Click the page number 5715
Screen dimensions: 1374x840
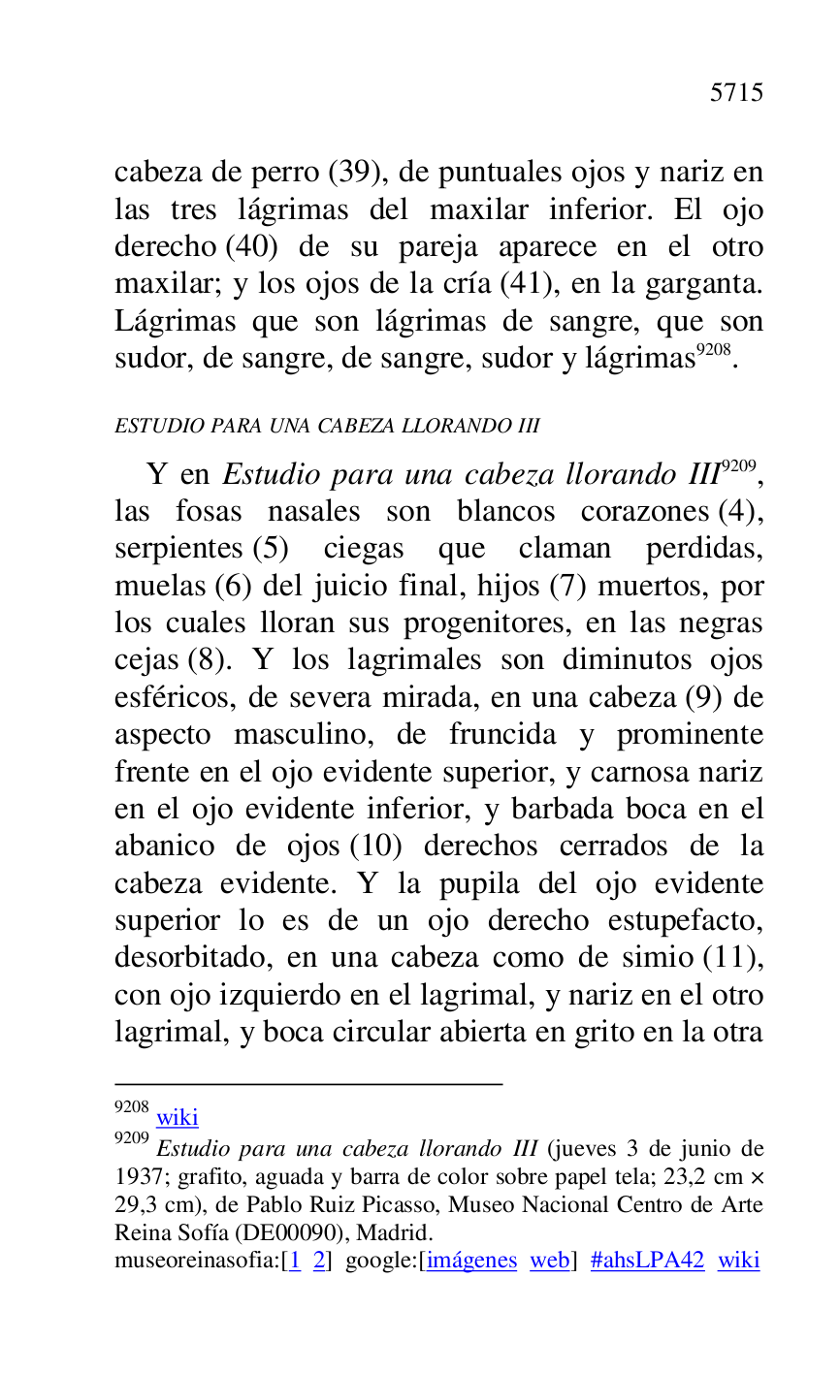click(x=736, y=93)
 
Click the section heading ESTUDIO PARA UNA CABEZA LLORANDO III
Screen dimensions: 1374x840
click(x=327, y=426)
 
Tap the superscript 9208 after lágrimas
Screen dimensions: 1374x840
click(x=714, y=350)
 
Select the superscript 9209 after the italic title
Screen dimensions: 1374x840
click(x=738, y=466)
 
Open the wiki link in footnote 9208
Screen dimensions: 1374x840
click(x=178, y=1117)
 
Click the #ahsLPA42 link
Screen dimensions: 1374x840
click(x=647, y=1261)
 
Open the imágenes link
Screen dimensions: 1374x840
click(x=472, y=1261)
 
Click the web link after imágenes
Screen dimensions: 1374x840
click(x=549, y=1261)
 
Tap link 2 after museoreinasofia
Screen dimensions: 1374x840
click(x=318, y=1261)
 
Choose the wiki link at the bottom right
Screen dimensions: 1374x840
click(x=738, y=1261)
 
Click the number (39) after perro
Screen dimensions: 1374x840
click(x=359, y=173)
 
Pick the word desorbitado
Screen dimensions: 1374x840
click(x=192, y=958)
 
